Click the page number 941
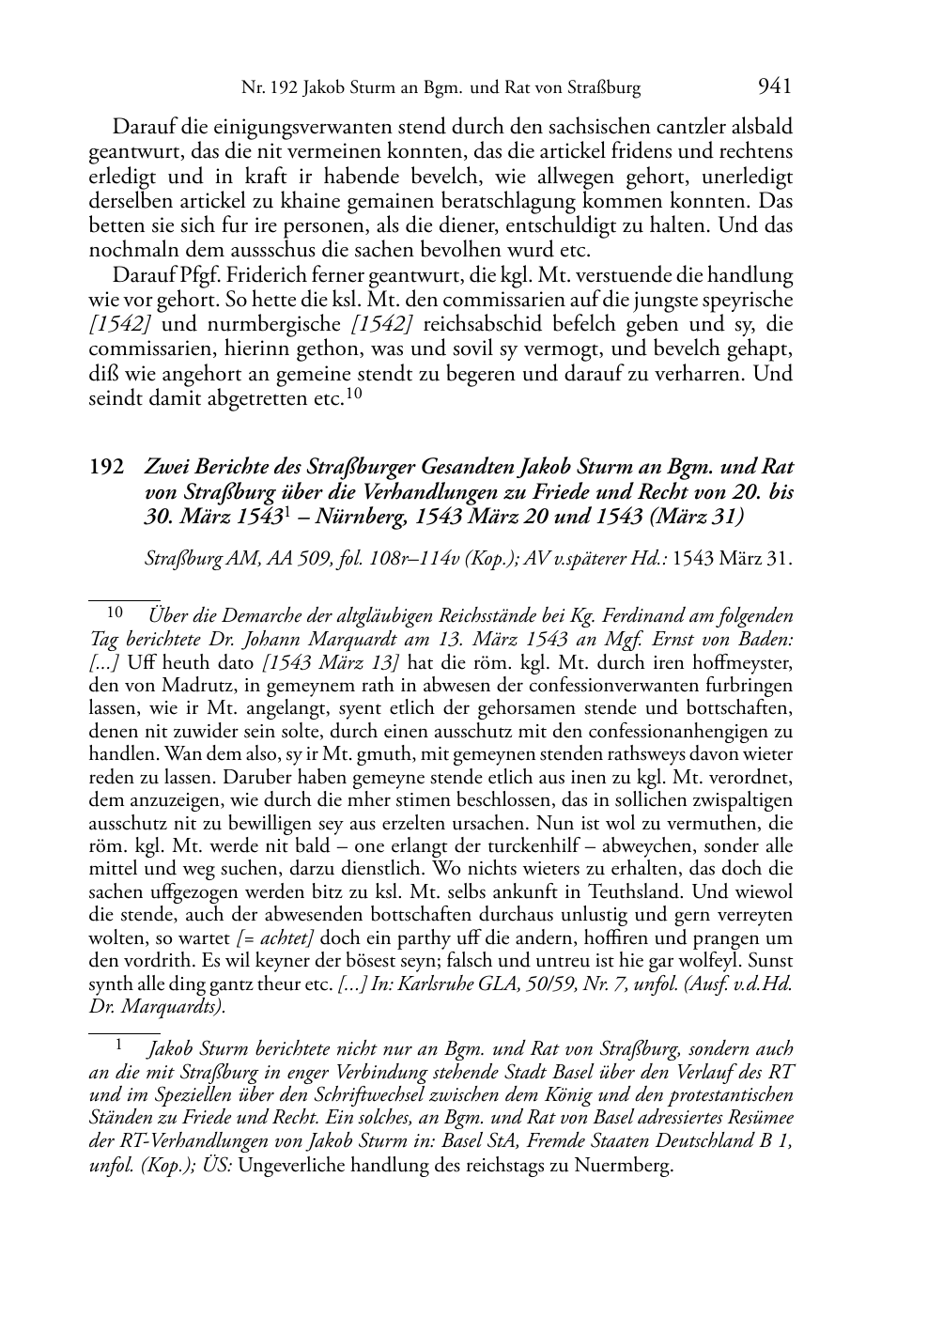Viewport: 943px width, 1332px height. click(x=773, y=87)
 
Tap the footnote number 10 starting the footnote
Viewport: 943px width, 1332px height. click(x=115, y=612)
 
